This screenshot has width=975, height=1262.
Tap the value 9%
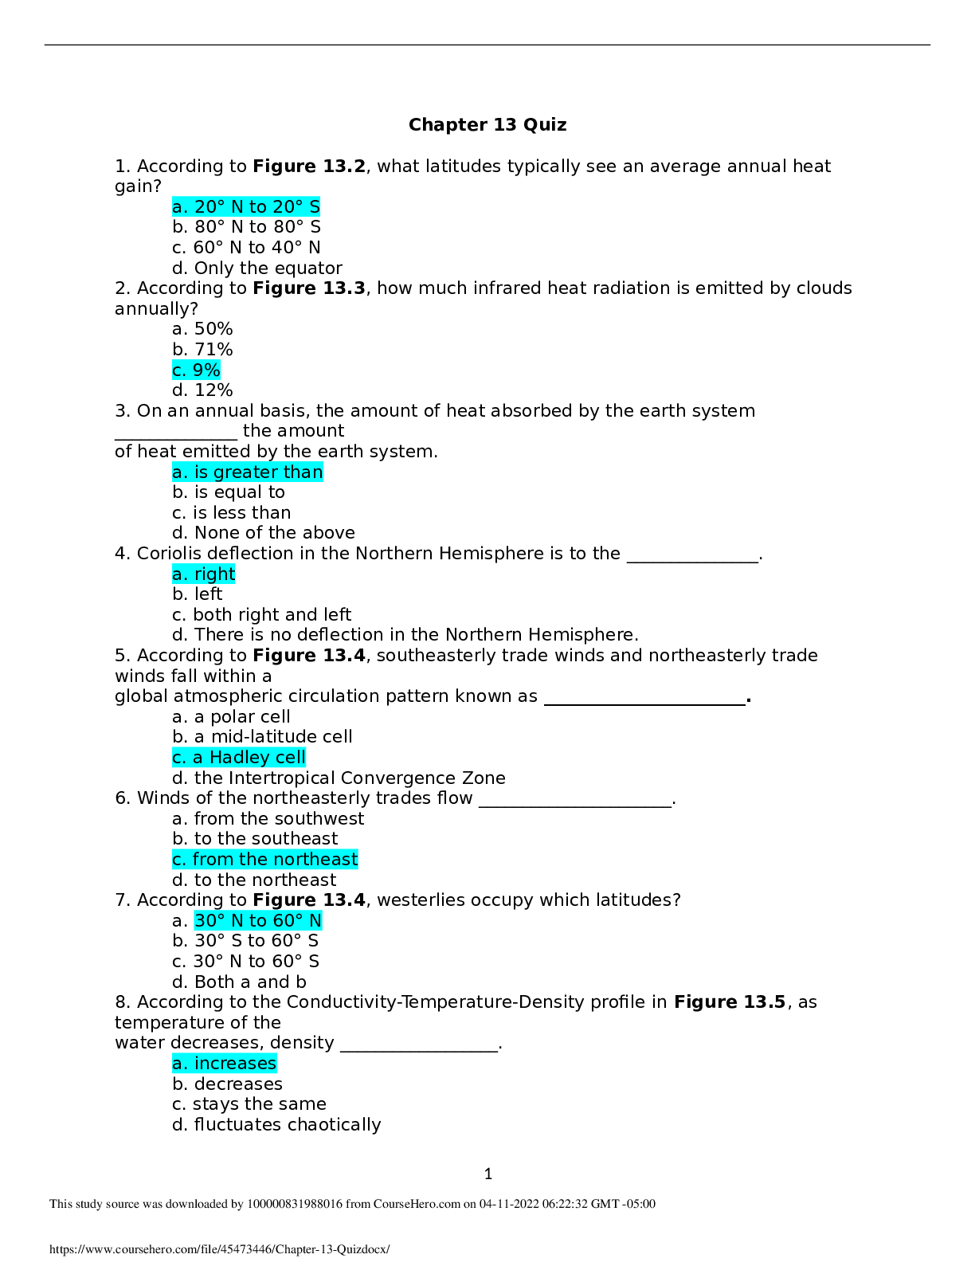point(206,370)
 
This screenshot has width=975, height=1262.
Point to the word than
point(303,472)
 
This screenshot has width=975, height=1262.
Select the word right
point(215,574)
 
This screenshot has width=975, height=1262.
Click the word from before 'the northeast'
point(213,860)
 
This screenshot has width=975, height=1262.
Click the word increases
point(235,1064)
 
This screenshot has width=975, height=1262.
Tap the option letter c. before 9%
point(179,370)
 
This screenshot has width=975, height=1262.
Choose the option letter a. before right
point(180,574)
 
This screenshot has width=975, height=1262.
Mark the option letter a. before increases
point(180,1064)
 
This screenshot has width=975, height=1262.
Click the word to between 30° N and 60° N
point(257,921)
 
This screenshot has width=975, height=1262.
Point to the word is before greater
point(201,472)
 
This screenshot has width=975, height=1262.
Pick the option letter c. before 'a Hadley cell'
point(179,758)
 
